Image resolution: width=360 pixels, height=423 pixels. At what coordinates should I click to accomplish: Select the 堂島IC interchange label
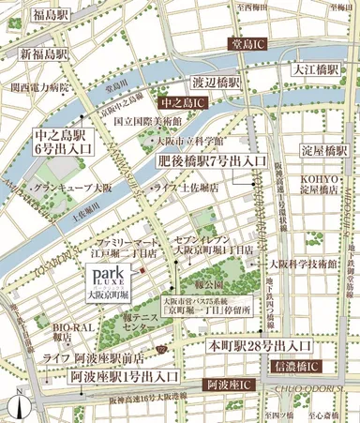[257, 43]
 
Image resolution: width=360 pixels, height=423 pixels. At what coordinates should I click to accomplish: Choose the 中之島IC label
[183, 100]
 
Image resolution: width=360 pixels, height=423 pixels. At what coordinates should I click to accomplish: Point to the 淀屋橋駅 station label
[324, 151]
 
